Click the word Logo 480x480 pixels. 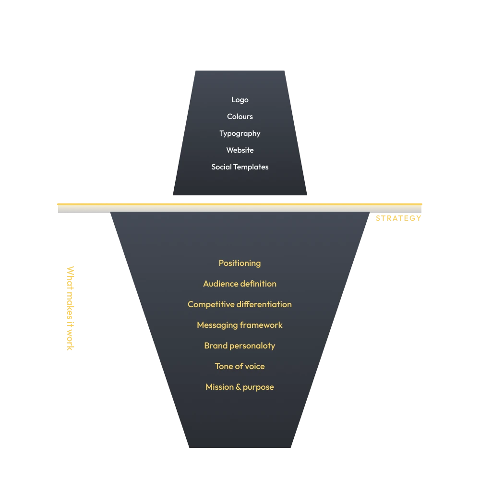point(240,100)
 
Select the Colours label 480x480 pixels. point(240,117)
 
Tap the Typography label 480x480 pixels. point(240,134)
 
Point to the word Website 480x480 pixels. point(240,150)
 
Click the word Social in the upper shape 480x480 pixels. point(221,167)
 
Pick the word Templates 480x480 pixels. point(251,167)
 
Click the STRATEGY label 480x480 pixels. point(398,218)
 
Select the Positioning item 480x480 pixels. point(240,263)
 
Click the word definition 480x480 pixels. point(258,284)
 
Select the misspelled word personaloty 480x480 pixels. point(252,346)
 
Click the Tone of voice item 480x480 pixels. point(240,366)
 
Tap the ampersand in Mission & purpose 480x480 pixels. point(239,387)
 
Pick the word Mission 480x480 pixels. point(219,387)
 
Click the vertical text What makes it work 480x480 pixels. point(71,308)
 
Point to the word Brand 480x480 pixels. point(216,346)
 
